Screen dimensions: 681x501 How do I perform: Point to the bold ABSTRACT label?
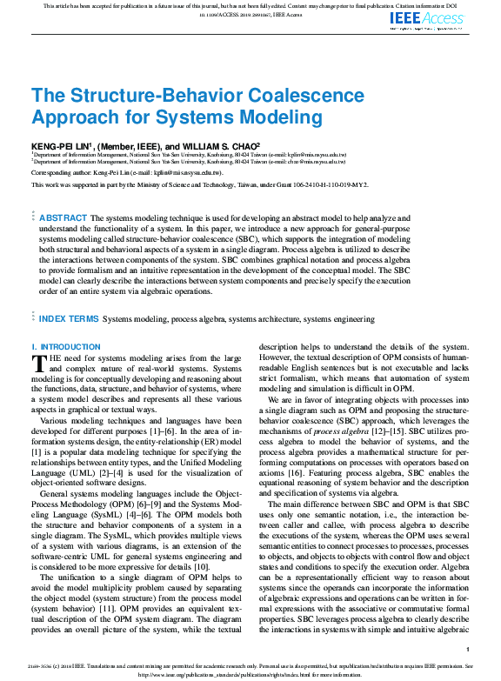[x=63, y=217]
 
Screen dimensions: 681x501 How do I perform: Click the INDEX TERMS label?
[x=69, y=319]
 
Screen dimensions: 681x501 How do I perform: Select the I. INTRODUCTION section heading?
[x=65, y=347]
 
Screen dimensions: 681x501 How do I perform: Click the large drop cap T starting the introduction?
[x=38, y=364]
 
